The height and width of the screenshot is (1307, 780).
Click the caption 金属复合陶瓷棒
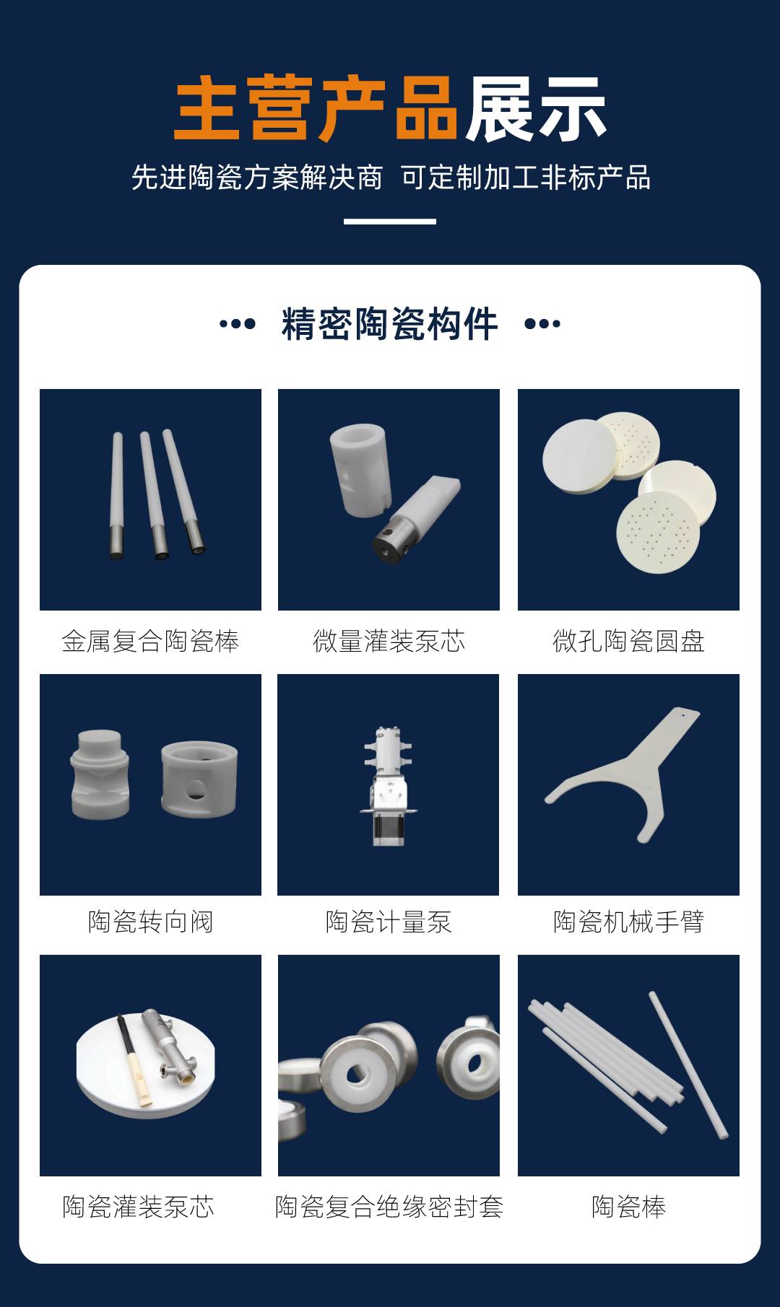tap(150, 641)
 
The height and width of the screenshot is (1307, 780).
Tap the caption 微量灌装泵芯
tap(389, 641)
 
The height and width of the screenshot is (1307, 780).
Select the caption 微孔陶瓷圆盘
tap(628, 641)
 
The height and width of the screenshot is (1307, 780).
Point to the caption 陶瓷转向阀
tap(150, 922)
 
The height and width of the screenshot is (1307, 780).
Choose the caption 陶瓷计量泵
tap(389, 922)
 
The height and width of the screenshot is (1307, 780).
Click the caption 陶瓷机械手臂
tap(628, 922)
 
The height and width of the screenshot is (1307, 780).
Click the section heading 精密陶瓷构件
tap(390, 323)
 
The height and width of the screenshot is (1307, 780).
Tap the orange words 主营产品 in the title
tap(316, 109)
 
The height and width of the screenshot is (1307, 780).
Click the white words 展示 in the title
tap(535, 109)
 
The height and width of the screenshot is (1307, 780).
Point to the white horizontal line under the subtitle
tap(390, 222)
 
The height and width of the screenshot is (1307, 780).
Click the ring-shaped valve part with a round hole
tap(199, 779)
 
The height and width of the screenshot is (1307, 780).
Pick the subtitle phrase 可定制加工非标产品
tap(526, 178)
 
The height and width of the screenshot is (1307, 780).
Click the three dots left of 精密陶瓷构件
tap(238, 324)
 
